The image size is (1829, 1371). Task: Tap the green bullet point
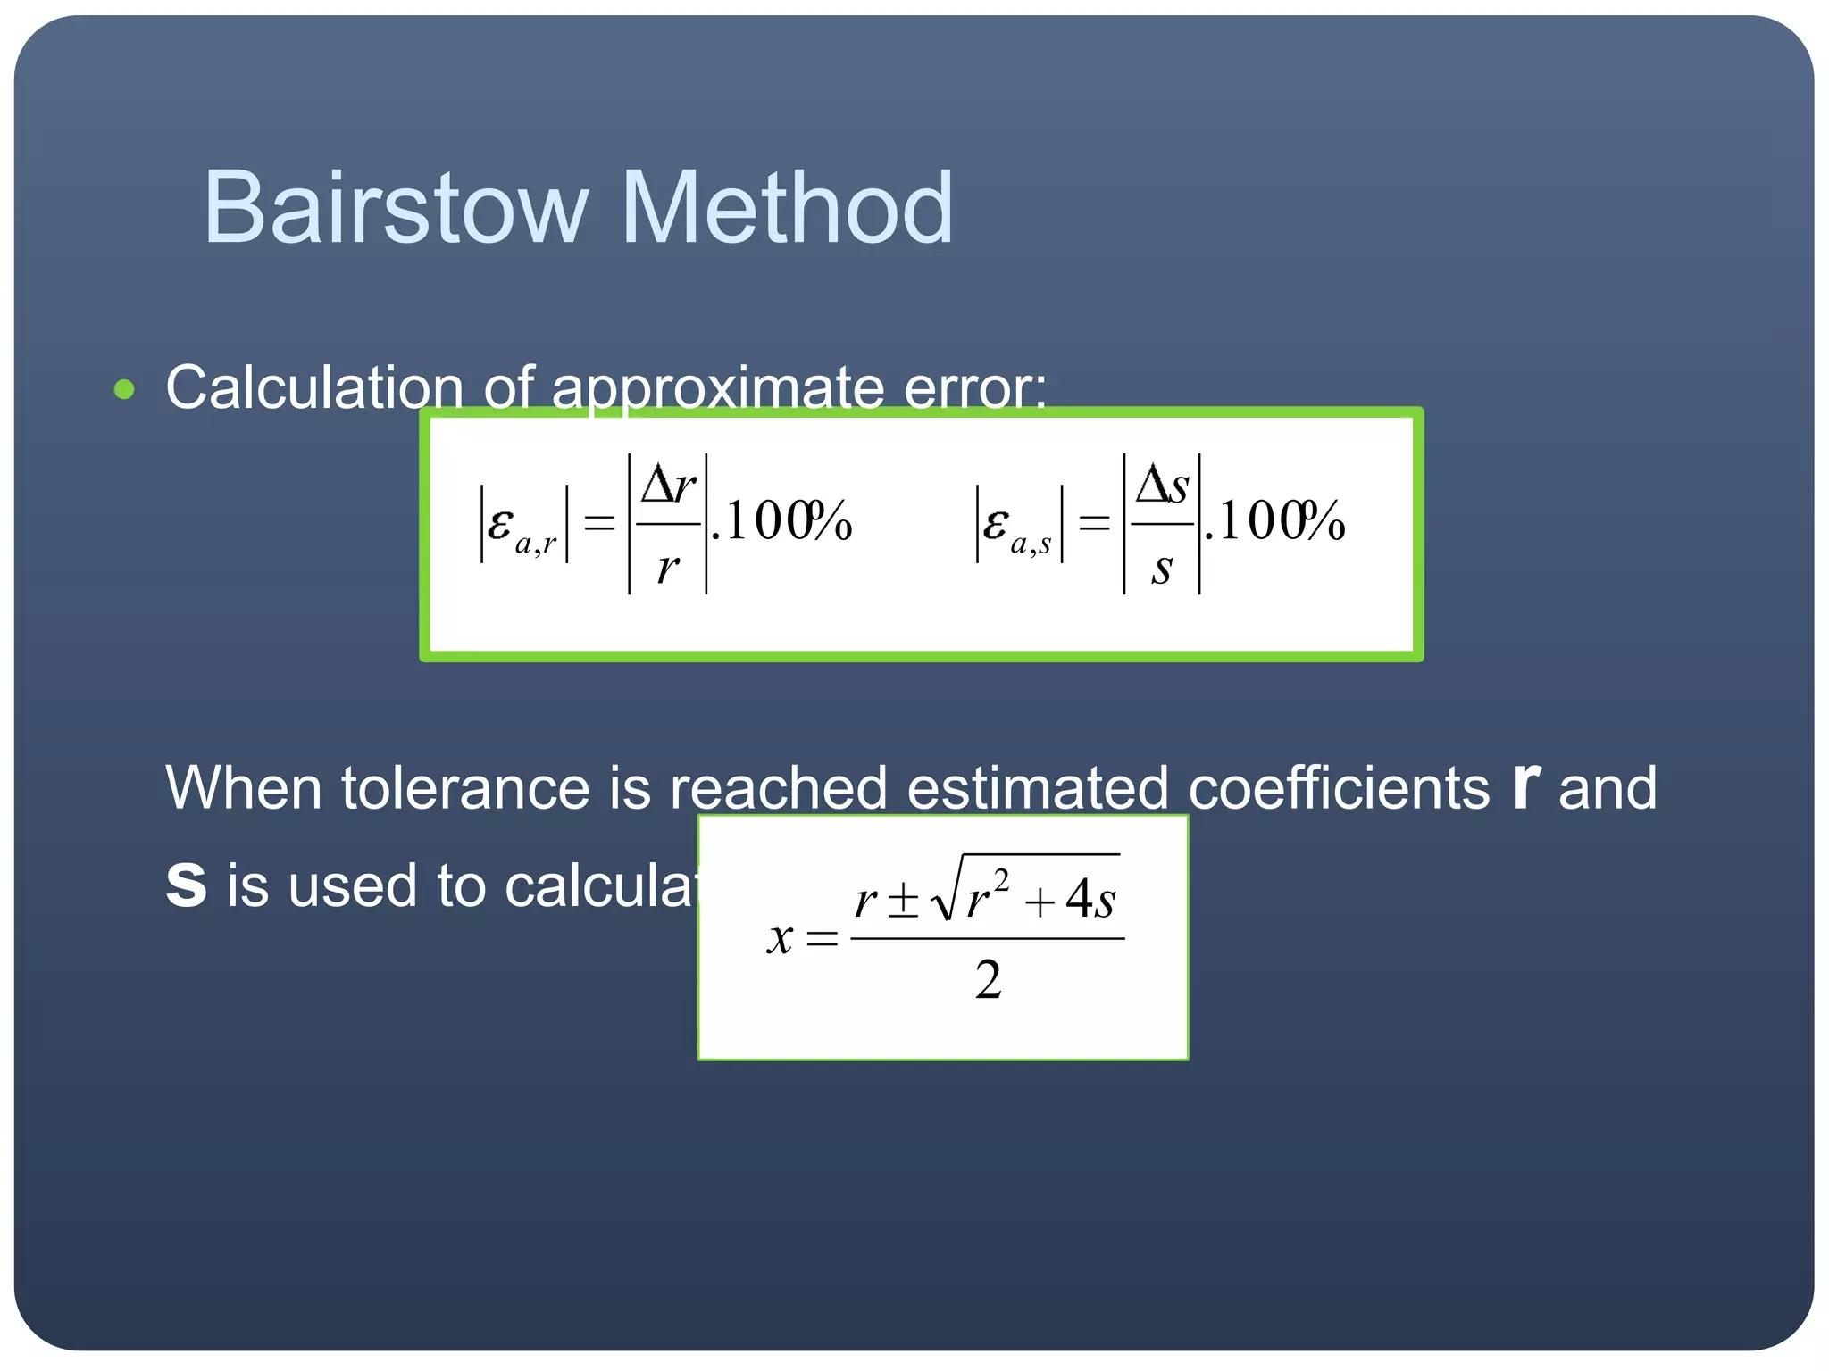(x=124, y=389)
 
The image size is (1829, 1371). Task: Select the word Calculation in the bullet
(x=313, y=387)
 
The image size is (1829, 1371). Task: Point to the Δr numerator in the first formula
(x=668, y=486)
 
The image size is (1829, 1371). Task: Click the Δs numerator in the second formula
(x=1162, y=486)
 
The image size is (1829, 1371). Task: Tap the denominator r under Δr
(x=668, y=566)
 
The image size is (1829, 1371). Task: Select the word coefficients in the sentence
(x=1339, y=788)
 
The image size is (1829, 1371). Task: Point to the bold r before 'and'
(x=1526, y=785)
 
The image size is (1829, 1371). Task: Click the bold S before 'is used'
(x=187, y=885)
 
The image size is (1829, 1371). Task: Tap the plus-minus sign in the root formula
(x=904, y=900)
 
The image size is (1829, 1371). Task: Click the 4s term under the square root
(x=1090, y=899)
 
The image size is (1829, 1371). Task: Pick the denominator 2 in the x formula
(x=988, y=980)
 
